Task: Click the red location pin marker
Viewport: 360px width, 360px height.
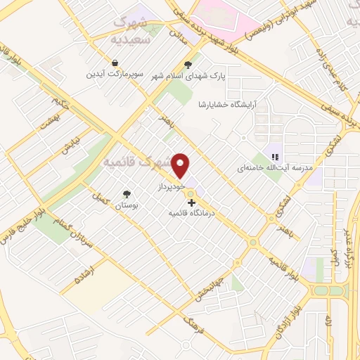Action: point(181,166)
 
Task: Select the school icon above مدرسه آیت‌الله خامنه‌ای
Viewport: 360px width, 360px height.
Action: point(275,157)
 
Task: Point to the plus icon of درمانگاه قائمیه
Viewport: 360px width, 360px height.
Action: point(191,202)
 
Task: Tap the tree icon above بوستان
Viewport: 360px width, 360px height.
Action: point(127,194)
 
